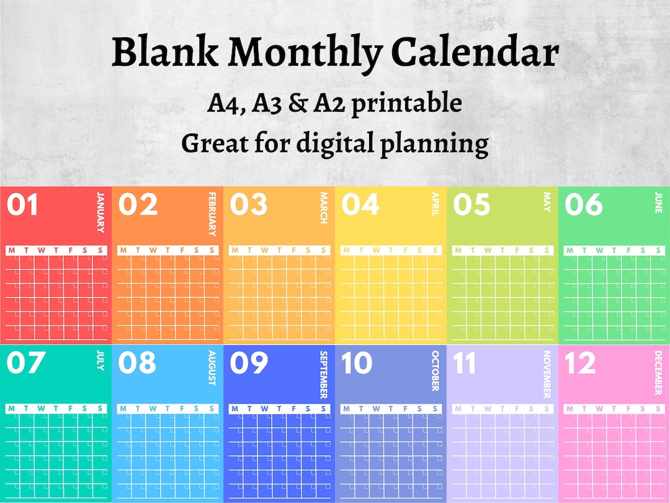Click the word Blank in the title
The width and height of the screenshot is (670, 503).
coord(164,53)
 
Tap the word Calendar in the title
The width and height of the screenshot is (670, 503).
coord(476,53)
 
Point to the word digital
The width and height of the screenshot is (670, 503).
coord(334,143)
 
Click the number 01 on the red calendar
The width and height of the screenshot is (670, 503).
coord(22,204)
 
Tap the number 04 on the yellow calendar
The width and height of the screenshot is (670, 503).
coord(360,204)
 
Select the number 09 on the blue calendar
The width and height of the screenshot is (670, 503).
coord(249,363)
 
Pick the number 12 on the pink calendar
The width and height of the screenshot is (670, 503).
coord(580,363)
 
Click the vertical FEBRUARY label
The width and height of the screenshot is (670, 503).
coord(212,214)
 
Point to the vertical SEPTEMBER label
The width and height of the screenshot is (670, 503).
coord(323,374)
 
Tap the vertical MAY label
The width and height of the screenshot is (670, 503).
coord(547,202)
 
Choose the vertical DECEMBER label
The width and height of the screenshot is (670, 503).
coord(658,373)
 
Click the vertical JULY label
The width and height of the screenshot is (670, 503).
coord(100,360)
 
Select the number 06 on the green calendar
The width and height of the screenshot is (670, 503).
coord(583,204)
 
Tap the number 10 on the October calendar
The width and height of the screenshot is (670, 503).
coord(357,363)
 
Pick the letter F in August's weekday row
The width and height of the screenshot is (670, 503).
coord(182,409)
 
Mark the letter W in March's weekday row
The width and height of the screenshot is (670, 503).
coord(265,250)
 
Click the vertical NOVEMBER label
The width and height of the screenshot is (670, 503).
coord(547,374)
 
